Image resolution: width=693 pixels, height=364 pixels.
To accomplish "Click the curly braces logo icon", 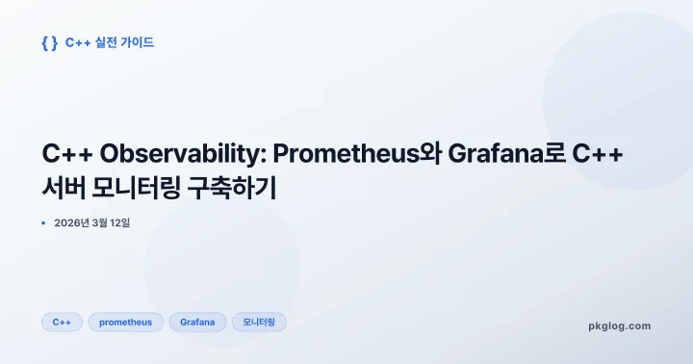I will click(x=50, y=42).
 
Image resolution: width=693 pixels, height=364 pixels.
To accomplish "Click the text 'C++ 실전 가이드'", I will click(x=109, y=42).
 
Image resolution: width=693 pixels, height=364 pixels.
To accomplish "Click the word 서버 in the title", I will click(x=63, y=188).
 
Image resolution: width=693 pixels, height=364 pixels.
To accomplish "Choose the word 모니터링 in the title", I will click(x=139, y=188).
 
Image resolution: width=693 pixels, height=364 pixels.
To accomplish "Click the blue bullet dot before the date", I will click(x=43, y=223).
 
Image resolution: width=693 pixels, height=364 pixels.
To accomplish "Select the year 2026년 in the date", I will click(x=71, y=223).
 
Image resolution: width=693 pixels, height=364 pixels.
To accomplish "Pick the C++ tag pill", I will click(x=62, y=323).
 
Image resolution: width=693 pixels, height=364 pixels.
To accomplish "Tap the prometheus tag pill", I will click(x=126, y=323).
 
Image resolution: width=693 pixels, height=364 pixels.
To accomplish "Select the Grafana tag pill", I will click(x=197, y=323).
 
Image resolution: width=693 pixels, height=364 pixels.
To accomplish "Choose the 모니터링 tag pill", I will click(x=259, y=323).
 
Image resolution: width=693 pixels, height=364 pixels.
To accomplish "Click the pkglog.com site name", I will click(x=619, y=325).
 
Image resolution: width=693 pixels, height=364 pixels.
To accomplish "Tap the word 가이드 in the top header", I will click(x=138, y=42).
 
